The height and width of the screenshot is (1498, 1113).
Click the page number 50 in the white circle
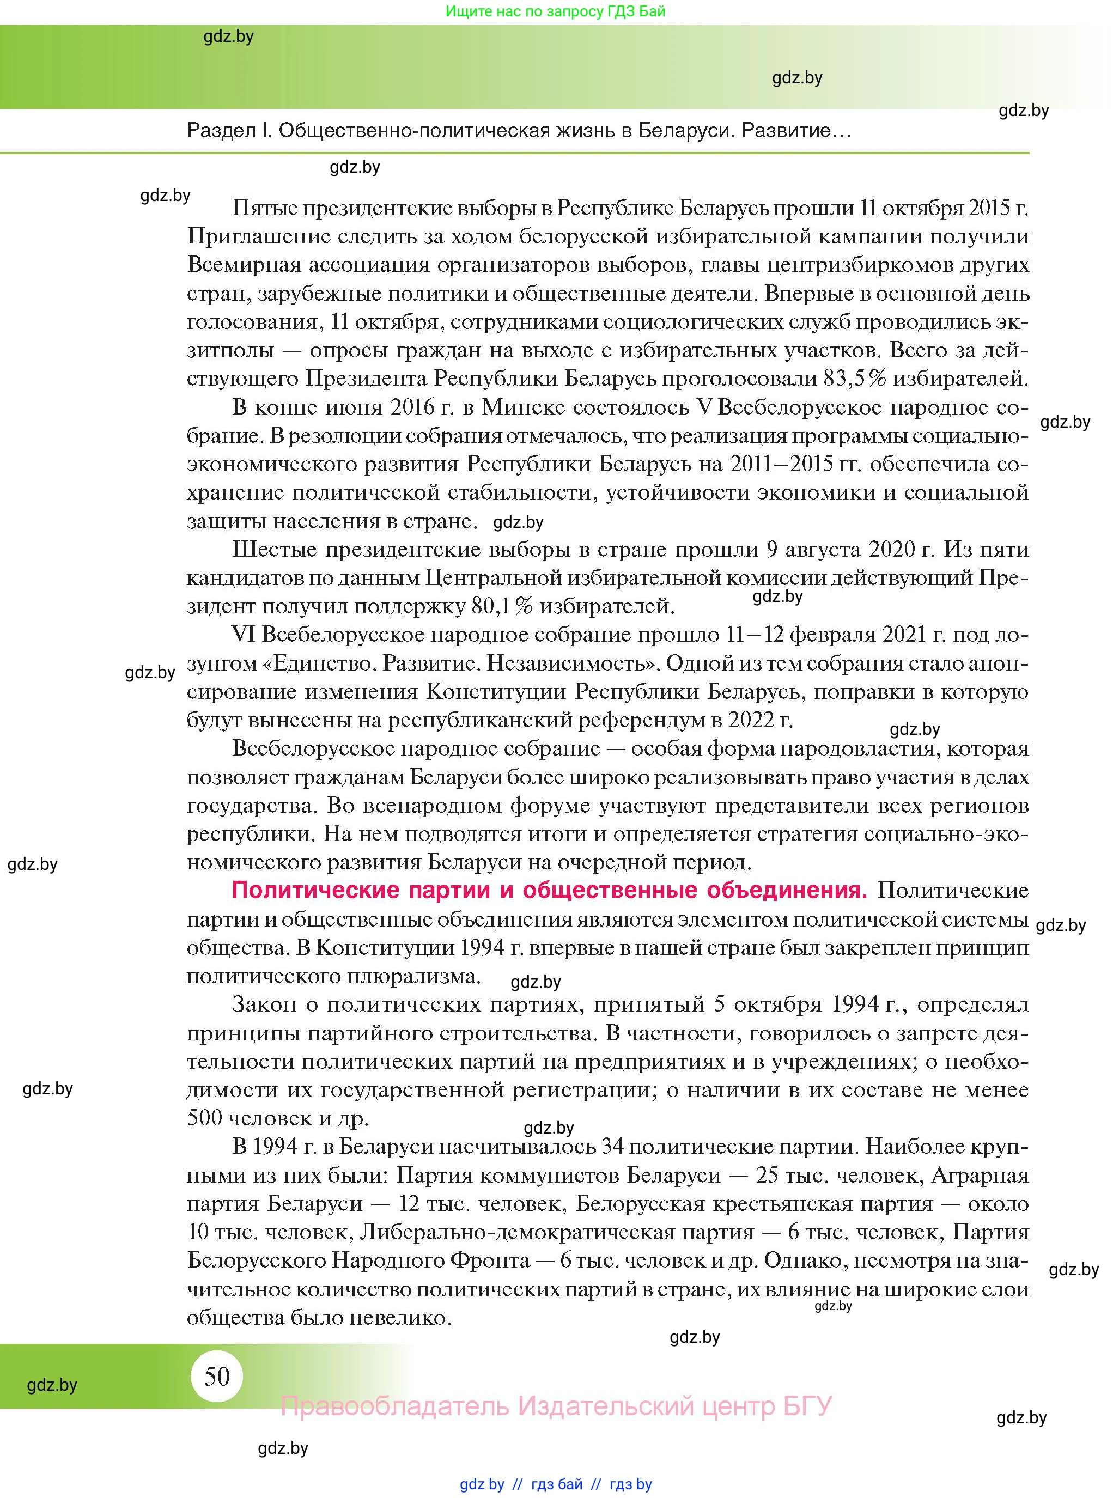tap(217, 1377)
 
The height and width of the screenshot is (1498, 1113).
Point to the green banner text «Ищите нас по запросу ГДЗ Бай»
tap(555, 11)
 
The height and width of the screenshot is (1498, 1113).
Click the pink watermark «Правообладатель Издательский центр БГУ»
tap(556, 1406)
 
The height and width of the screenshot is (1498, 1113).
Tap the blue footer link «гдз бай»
tap(557, 1484)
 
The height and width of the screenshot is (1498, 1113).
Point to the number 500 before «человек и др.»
tap(205, 1118)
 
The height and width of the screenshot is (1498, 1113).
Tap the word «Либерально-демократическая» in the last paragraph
tap(557, 1232)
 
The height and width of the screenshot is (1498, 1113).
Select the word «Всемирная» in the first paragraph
tap(244, 265)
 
